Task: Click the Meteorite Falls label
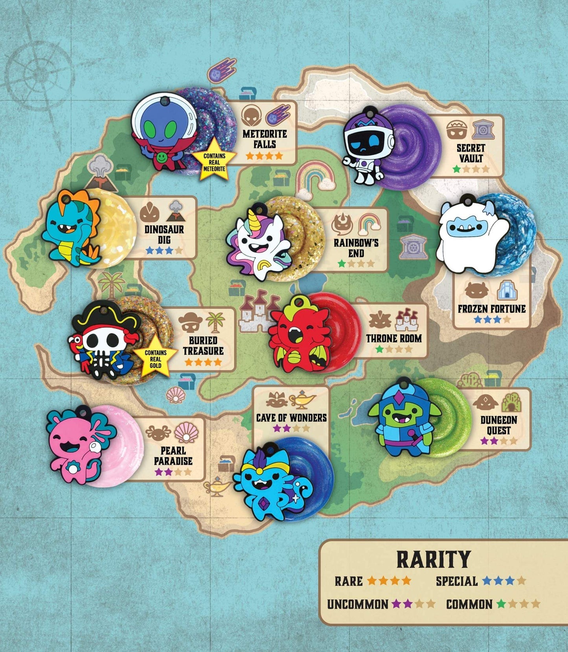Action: tap(265, 139)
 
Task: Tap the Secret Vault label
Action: tap(471, 153)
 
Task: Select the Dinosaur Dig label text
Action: tap(164, 234)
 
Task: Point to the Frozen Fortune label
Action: tap(491, 309)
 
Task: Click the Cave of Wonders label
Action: tap(291, 417)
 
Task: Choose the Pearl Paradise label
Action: tap(173, 456)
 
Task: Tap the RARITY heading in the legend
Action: tap(433, 559)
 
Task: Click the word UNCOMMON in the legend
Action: tap(357, 604)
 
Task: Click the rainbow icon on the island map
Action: tap(315, 177)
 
